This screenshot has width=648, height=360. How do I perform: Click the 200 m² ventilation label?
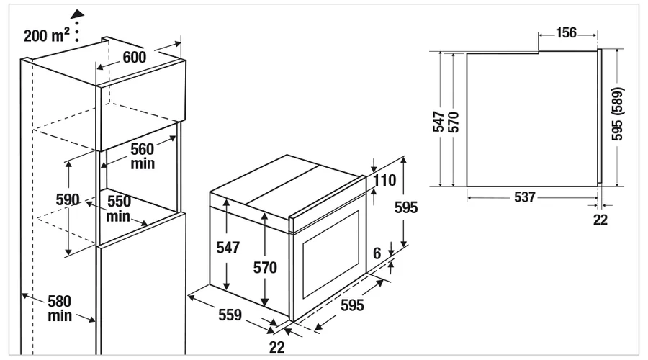coord(46,35)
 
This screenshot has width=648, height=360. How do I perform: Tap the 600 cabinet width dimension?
coord(135,58)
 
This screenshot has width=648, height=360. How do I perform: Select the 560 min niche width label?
coord(142,156)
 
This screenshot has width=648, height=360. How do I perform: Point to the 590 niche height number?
coord(68,200)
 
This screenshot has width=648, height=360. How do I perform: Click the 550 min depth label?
coord(119,209)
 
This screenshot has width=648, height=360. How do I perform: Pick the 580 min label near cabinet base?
coord(60,308)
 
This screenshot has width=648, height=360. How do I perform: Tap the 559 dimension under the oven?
coord(230,315)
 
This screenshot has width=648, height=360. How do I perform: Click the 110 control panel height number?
coord(384,180)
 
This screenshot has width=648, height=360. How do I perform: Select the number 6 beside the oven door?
coord(377,253)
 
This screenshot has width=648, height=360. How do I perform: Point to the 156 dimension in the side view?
coord(566,32)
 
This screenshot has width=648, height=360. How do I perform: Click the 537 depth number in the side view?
coord(525,197)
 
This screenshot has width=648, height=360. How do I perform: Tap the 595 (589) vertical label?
coord(617,114)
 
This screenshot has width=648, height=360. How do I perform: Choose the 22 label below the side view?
coord(600,220)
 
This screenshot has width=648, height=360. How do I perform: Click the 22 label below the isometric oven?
coord(276,347)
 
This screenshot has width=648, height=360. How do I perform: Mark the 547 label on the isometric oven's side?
coord(228,247)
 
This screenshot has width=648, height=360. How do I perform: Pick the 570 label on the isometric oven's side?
coord(265,268)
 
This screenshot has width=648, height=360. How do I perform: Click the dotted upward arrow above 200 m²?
coord(77,26)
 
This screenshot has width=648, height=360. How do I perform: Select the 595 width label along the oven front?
coord(352,305)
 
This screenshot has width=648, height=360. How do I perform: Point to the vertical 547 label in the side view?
coord(438,122)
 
